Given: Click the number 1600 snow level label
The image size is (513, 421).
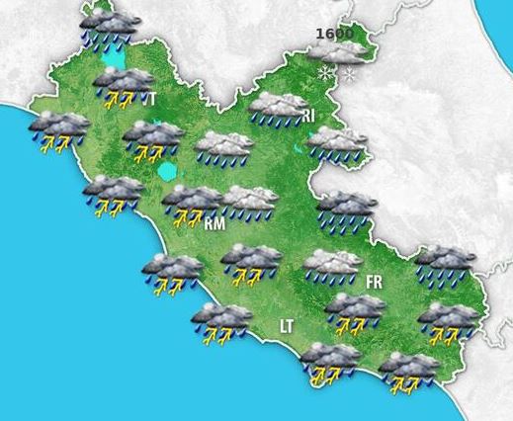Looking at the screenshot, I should coord(334,34).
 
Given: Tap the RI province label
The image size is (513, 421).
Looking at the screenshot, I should coord(309,117).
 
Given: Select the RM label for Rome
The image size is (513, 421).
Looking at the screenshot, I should coord(214,224).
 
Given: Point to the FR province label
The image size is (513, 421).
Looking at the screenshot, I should coord(374,283).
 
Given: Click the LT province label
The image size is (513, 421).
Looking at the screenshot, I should coord(287,325).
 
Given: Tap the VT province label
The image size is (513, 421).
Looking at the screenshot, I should coord(149,99).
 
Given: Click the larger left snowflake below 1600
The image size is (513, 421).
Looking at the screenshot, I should coord(324,72).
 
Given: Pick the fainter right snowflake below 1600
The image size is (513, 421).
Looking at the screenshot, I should coord(348,74).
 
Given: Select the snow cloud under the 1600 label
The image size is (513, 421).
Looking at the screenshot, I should coord(336,54).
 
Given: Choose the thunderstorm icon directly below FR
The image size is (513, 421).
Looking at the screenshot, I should coord(355,311).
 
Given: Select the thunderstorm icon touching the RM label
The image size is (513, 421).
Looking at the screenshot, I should coord(190,203).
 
